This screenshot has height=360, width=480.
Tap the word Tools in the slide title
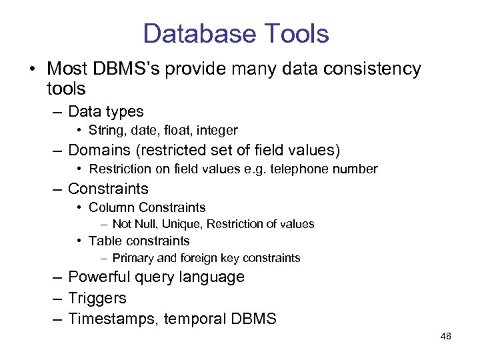[296, 33]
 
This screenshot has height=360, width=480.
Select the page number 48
[445, 336]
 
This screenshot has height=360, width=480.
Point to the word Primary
[133, 258]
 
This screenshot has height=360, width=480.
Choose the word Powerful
[100, 277]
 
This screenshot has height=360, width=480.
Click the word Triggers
[97, 298]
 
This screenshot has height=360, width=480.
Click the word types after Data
[124, 111]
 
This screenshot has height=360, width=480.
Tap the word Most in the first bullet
[65, 69]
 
